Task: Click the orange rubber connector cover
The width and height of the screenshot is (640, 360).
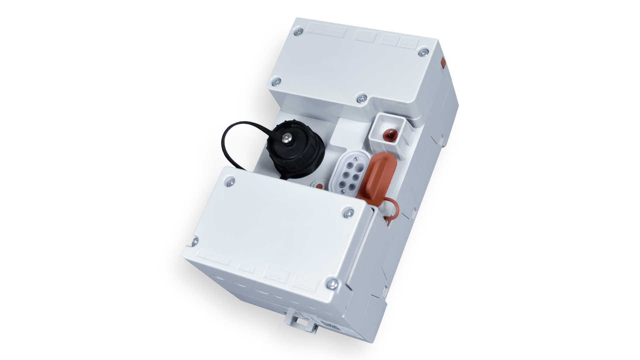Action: click(x=376, y=177)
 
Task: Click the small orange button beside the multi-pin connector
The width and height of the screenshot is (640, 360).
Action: click(x=319, y=186)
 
